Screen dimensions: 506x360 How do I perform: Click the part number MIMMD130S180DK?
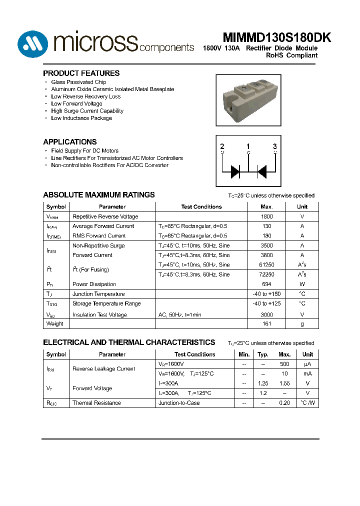click(270, 38)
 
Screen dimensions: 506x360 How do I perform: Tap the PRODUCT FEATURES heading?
click(81, 73)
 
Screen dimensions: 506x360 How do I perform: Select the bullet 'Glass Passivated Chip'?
click(78, 82)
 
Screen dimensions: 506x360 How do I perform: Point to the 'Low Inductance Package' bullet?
click(81, 118)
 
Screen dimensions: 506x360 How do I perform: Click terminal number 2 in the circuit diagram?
click(222, 146)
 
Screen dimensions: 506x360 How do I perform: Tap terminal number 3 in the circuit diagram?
click(274, 146)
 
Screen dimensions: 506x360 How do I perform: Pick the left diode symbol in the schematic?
click(235, 172)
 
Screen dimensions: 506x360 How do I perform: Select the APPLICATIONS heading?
click(70, 141)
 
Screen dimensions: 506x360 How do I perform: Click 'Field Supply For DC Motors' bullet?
click(84, 150)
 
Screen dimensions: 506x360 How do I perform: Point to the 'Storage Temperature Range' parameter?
click(106, 303)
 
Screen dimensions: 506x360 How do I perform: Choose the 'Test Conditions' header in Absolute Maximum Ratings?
click(201, 206)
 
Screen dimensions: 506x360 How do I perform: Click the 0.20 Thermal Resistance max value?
click(284, 402)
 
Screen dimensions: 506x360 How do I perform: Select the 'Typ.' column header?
click(263, 354)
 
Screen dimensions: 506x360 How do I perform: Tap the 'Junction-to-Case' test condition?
click(178, 402)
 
